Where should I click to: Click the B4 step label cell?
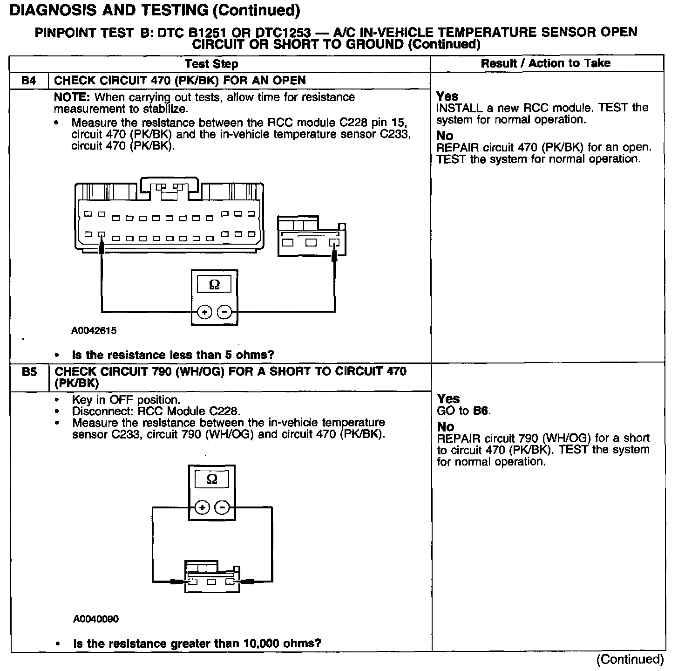(x=28, y=81)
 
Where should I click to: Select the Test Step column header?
(x=211, y=64)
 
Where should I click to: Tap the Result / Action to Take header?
(x=546, y=63)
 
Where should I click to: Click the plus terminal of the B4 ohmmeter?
(x=204, y=312)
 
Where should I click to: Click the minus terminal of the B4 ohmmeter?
(x=224, y=312)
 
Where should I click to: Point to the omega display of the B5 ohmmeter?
(x=212, y=479)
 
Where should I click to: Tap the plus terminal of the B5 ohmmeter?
(x=202, y=507)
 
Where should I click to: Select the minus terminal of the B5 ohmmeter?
(x=222, y=507)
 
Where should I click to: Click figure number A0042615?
(x=94, y=331)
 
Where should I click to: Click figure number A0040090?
(x=95, y=619)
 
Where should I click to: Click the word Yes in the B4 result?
(x=447, y=96)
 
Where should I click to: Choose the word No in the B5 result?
(x=446, y=427)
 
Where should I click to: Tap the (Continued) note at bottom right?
(x=630, y=659)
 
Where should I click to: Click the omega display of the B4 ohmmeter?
(x=214, y=284)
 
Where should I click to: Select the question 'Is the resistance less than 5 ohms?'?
(x=173, y=355)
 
